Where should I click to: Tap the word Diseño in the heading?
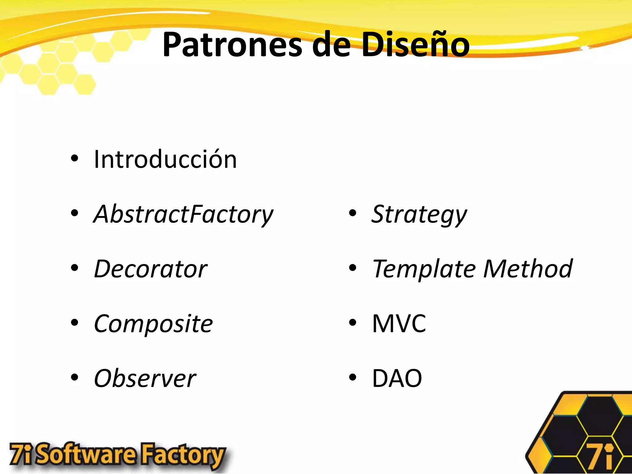point(415,45)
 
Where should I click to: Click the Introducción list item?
point(165,160)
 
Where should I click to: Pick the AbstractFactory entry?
point(183,214)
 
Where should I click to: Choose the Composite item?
point(153,324)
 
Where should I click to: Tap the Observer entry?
point(145,378)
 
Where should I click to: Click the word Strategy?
point(419,214)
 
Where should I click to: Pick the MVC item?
point(399,324)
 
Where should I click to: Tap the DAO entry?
point(397,378)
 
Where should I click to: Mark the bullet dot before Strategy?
point(352,213)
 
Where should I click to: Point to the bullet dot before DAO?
point(352,377)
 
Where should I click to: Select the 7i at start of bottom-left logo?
point(21,454)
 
